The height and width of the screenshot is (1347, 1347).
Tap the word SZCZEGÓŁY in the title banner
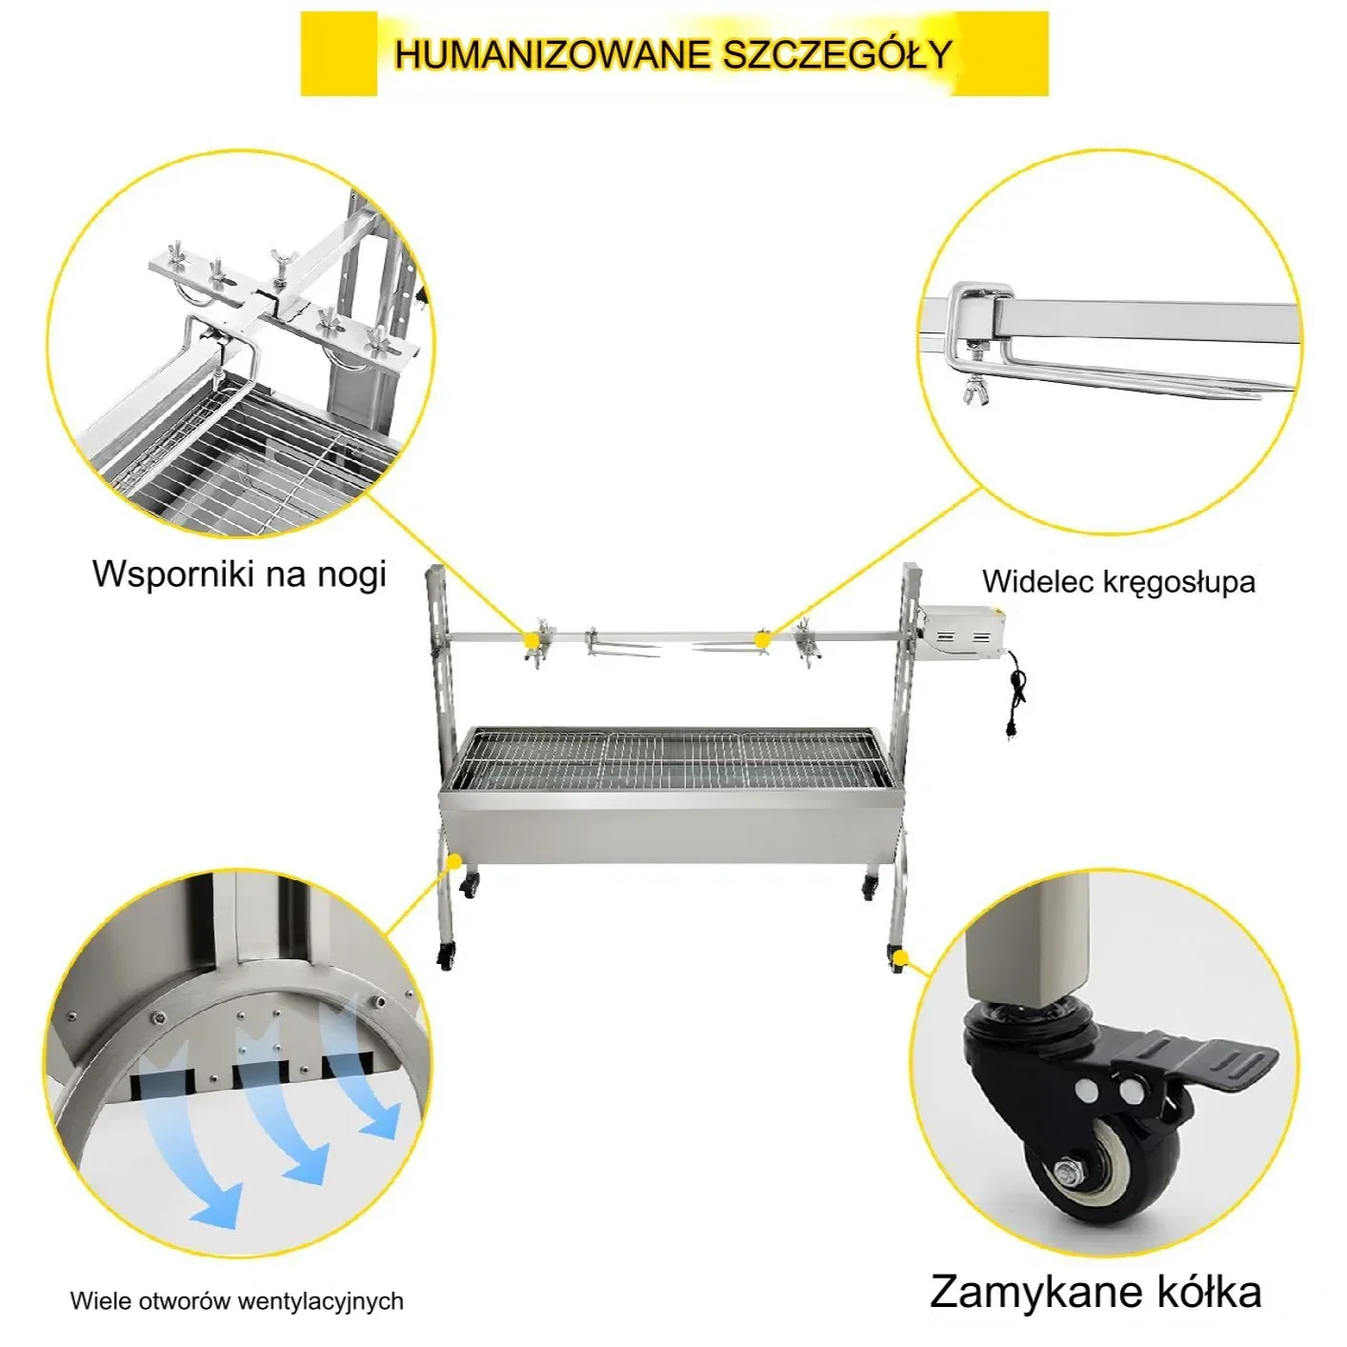pos(836,54)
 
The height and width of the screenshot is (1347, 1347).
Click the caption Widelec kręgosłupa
pos(1118,582)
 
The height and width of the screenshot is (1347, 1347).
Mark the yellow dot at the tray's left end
pos(454,860)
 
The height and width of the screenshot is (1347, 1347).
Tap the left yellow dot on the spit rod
pos(532,640)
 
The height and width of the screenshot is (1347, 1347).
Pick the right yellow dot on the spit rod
pos(762,639)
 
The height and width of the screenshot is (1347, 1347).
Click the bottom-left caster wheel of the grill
pos(446,956)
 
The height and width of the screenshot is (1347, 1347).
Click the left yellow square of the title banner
pos(339,54)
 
